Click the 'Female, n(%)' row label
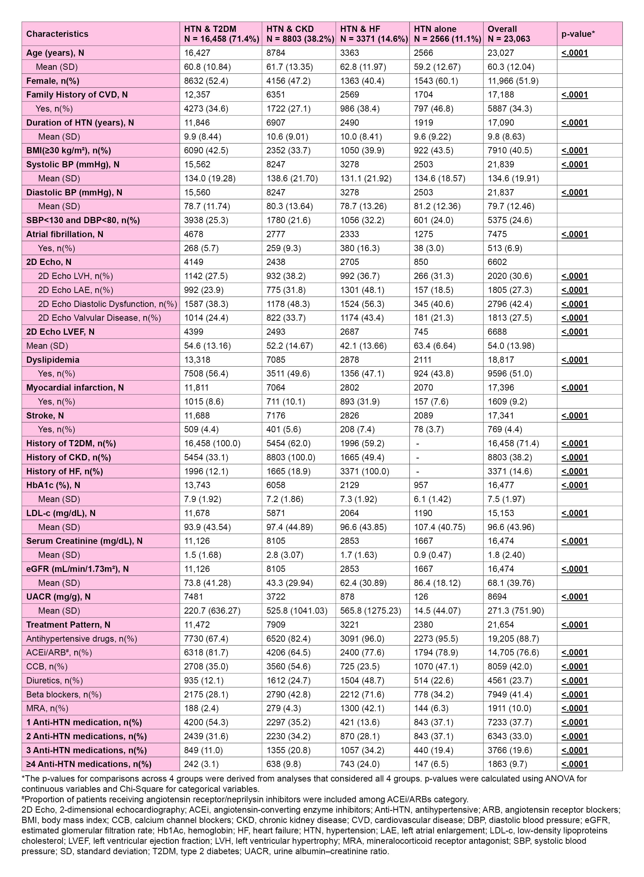point(53,81)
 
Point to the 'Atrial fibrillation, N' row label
point(65,234)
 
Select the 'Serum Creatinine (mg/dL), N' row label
point(84,541)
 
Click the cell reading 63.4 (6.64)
point(435,346)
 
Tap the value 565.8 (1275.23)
point(370,611)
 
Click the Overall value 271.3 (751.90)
point(515,611)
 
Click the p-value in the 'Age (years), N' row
point(575,53)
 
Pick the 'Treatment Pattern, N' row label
point(68,625)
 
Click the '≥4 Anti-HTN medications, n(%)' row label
point(89,764)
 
